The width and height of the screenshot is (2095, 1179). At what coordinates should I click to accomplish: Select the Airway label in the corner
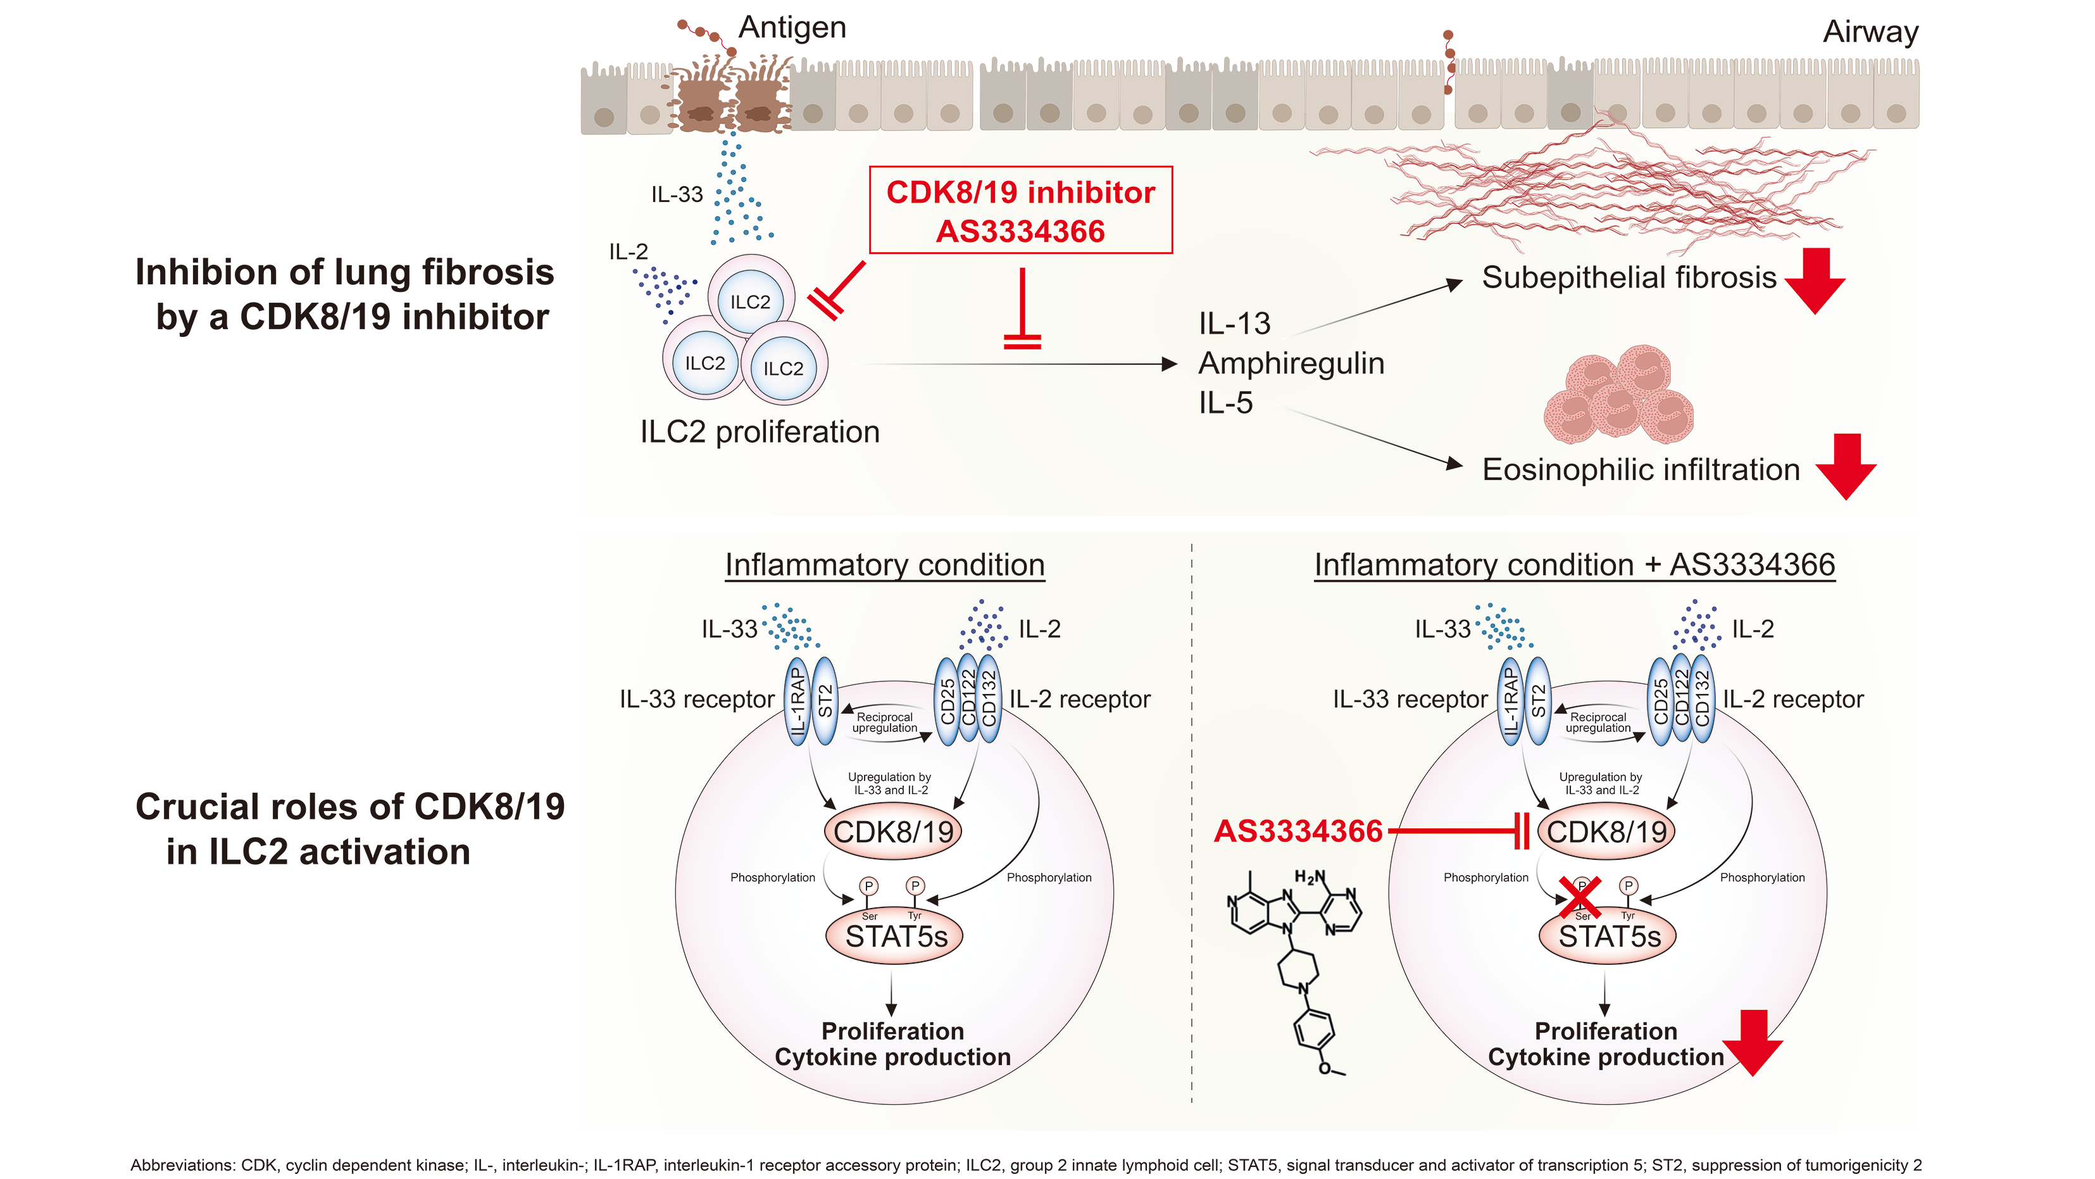pyautogui.click(x=1870, y=32)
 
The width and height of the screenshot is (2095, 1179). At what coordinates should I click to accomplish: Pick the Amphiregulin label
pyautogui.click(x=1291, y=363)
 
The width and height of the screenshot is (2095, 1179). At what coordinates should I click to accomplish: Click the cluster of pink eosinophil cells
pyautogui.click(x=1618, y=396)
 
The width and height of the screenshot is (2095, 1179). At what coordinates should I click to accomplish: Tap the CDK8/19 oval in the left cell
pyautogui.click(x=893, y=831)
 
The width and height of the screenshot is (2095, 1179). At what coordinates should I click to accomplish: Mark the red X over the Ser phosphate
pyautogui.click(x=1581, y=897)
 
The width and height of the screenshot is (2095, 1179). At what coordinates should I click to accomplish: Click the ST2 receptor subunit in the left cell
pyautogui.click(x=825, y=700)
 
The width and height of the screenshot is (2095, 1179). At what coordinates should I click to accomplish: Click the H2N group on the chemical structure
pyautogui.click(x=1310, y=877)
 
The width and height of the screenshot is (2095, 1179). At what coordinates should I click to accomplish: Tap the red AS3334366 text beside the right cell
pyautogui.click(x=1298, y=831)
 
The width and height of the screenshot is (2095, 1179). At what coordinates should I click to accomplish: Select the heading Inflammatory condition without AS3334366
pyautogui.click(x=884, y=565)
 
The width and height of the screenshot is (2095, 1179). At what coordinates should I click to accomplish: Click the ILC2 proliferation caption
pyautogui.click(x=760, y=432)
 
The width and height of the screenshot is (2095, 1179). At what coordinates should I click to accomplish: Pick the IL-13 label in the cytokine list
pyautogui.click(x=1234, y=324)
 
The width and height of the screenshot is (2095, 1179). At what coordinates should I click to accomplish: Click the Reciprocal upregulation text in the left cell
pyautogui.click(x=884, y=722)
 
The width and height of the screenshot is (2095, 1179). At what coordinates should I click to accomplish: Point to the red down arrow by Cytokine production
pyautogui.click(x=1753, y=1043)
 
